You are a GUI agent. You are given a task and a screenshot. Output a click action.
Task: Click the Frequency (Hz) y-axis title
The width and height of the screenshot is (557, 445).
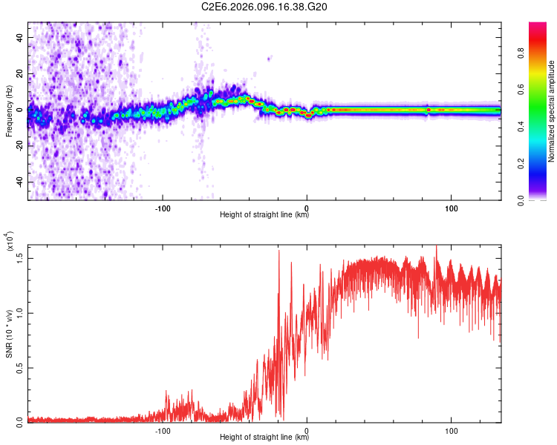pyautogui.click(x=10, y=111)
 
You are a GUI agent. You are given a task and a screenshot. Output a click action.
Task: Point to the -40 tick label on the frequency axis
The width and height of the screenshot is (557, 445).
pyautogui.click(x=19, y=182)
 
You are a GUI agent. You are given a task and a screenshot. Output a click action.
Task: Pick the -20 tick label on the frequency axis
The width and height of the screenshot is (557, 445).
pyautogui.click(x=19, y=146)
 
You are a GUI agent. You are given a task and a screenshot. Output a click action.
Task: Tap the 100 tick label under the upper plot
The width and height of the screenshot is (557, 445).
pyautogui.click(x=451, y=208)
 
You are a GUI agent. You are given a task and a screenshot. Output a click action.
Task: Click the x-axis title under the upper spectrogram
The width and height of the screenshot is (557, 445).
pyautogui.click(x=264, y=216)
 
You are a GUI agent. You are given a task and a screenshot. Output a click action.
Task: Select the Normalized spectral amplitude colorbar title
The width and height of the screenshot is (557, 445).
pyautogui.click(x=552, y=111)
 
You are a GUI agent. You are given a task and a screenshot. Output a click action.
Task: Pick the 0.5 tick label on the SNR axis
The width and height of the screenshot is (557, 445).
pyautogui.click(x=20, y=367)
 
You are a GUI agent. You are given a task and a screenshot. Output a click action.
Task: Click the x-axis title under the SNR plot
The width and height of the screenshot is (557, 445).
pyautogui.click(x=264, y=439)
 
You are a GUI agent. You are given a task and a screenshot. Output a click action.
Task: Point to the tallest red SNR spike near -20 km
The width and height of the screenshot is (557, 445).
pyautogui.click(x=279, y=252)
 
